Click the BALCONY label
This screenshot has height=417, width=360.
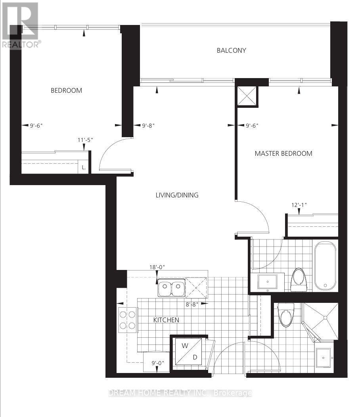coord(231,50)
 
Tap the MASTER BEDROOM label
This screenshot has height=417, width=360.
coord(283,153)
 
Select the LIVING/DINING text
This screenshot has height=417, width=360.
coord(176,195)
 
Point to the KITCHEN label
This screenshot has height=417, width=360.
coord(167,320)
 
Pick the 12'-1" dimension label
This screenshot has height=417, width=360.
coord(299,205)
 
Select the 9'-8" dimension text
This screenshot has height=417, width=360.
coord(148,126)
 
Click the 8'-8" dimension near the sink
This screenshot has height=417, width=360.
coord(193,304)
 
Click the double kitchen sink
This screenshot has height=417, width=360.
coord(171,289)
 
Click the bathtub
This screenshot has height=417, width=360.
coord(325,266)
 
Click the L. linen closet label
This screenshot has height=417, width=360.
coord(84,167)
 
